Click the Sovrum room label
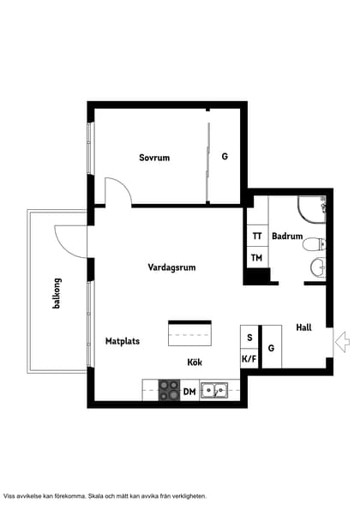[154, 158]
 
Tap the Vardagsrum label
[171, 267]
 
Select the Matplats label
[123, 341]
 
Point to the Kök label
[195, 362]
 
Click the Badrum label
[287, 236]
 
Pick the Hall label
[303, 327]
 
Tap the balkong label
[57, 293]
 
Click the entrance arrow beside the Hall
[342, 342]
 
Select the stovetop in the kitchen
[169, 390]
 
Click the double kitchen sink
[214, 390]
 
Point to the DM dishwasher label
[189, 392]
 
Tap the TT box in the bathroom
[257, 236]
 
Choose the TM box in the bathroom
[257, 257]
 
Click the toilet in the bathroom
[315, 243]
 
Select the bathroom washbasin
[318, 268]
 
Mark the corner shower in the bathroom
[312, 210]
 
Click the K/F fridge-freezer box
[249, 358]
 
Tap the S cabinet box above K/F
[249, 337]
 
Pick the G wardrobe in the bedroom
[225, 157]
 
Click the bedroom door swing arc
[124, 185]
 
